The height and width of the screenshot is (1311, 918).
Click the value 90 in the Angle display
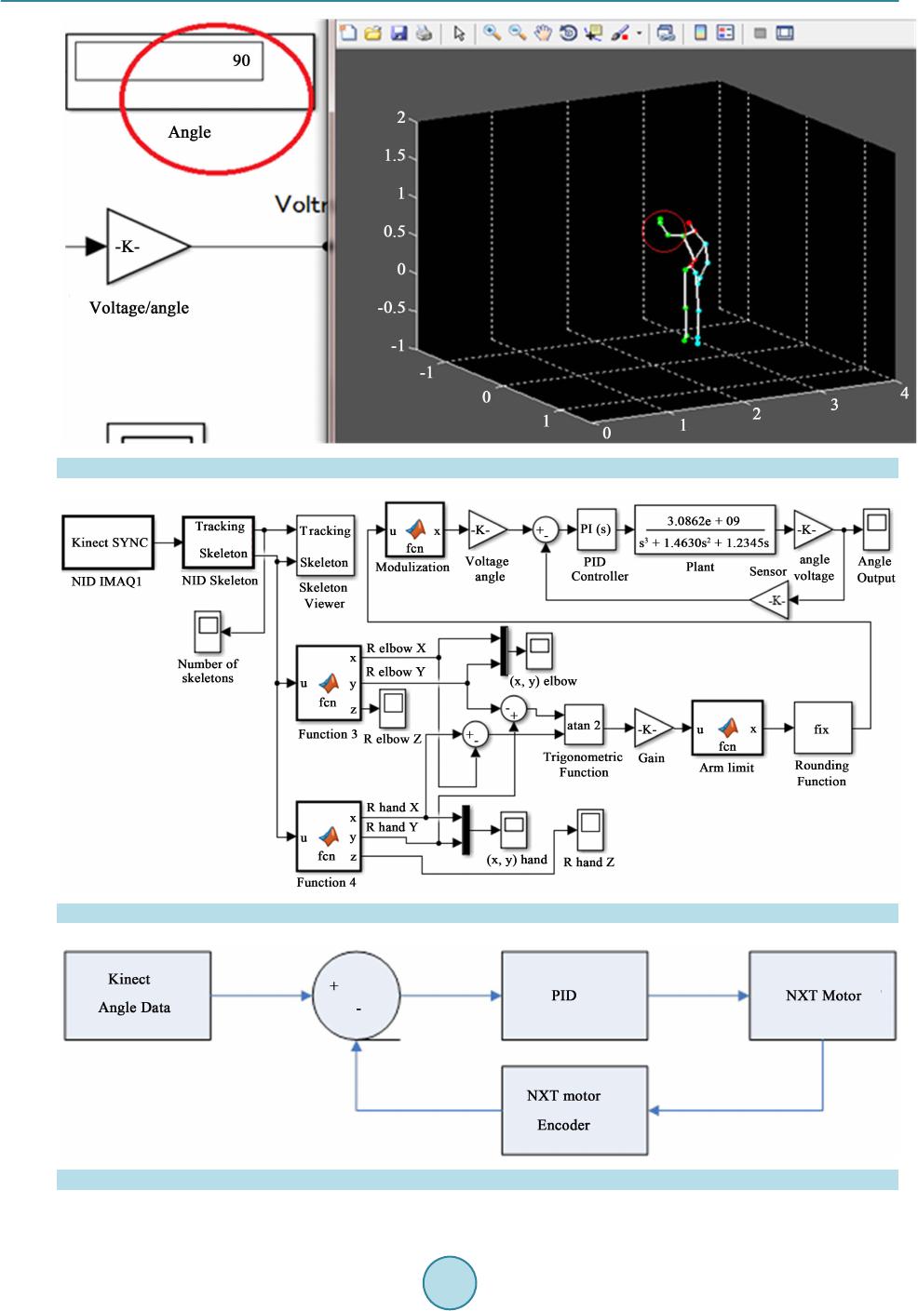tap(241, 60)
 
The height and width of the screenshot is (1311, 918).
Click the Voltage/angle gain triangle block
tap(144, 247)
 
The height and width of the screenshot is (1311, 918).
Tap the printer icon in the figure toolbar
tap(424, 33)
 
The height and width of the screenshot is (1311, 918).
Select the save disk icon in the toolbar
tap(398, 33)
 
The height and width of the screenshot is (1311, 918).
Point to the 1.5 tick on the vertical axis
tap(396, 156)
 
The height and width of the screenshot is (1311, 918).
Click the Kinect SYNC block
tap(110, 542)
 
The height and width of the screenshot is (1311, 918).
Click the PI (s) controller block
tap(596, 530)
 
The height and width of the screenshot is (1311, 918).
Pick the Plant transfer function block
tap(704, 531)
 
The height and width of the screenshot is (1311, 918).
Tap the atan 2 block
tap(584, 726)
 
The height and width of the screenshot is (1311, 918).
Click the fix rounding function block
tap(820, 729)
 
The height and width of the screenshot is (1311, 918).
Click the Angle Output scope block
tap(875, 529)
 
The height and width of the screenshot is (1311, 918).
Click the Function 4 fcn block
tap(328, 837)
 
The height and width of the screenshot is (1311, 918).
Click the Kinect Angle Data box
tap(138, 994)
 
